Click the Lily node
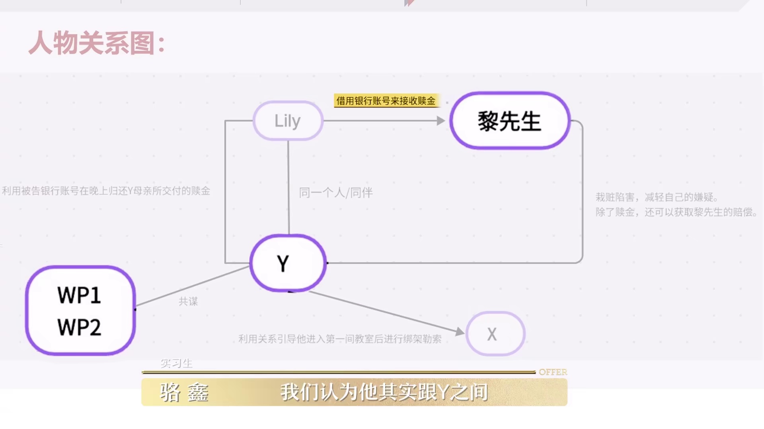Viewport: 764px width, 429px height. (x=288, y=121)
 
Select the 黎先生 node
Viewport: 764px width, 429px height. (x=510, y=121)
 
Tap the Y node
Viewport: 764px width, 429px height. (x=288, y=263)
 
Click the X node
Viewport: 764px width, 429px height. (x=495, y=334)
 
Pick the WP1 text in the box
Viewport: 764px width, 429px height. (x=79, y=295)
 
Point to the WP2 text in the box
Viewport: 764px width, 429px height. (x=79, y=327)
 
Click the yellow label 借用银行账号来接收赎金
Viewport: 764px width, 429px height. (x=386, y=101)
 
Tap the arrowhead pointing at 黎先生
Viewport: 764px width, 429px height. (x=441, y=121)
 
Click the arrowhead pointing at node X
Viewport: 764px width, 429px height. (x=460, y=332)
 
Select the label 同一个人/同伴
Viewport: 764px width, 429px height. (x=336, y=193)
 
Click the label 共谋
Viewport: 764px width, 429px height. (x=188, y=301)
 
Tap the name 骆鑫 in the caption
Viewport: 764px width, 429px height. (x=184, y=392)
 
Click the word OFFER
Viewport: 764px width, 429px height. (x=553, y=372)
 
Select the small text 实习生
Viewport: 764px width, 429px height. (x=177, y=363)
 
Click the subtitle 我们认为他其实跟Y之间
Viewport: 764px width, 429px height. (x=384, y=392)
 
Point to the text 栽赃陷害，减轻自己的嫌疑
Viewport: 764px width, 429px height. (x=657, y=197)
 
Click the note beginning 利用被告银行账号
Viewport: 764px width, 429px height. (x=106, y=191)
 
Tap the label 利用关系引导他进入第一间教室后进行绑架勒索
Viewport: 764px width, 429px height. (x=340, y=339)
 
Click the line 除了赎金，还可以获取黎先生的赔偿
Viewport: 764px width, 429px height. (x=676, y=212)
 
